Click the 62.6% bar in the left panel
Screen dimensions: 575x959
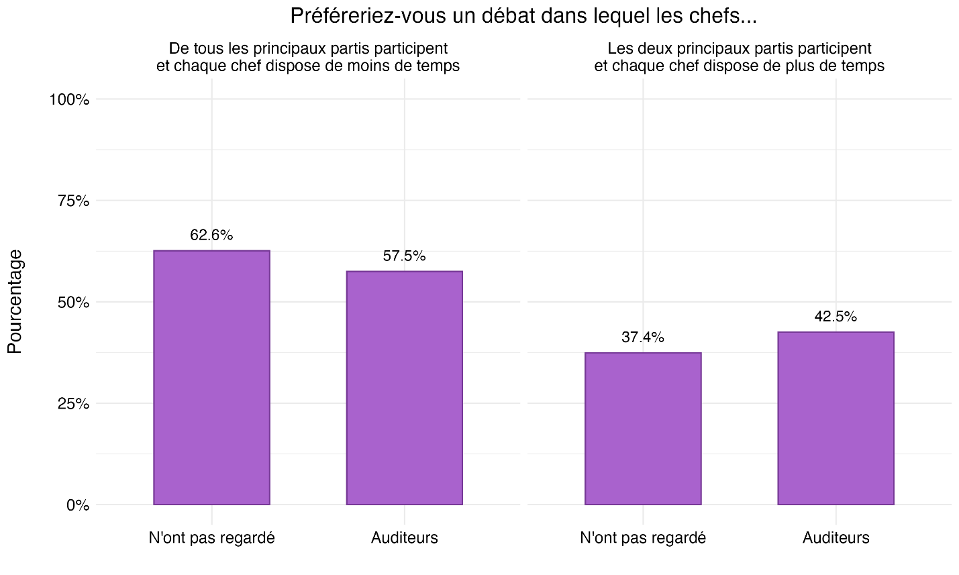click(211, 377)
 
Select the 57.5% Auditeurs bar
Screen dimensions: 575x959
click(404, 388)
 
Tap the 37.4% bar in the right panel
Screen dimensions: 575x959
click(643, 428)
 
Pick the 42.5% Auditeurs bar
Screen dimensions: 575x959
click(836, 418)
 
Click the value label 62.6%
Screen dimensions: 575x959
click(211, 236)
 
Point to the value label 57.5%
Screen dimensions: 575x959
click(404, 256)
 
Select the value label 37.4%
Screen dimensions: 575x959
click(643, 337)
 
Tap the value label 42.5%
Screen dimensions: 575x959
click(836, 317)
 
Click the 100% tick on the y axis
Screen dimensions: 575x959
click(69, 100)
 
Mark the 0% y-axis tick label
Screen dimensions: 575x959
click(77, 505)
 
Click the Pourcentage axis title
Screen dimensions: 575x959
click(15, 301)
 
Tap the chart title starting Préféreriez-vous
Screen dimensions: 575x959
click(523, 16)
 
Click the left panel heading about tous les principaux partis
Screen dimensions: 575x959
click(308, 58)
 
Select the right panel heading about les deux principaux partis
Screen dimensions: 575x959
click(739, 58)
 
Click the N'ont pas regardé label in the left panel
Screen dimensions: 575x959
click(211, 538)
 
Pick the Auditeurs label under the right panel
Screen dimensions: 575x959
click(836, 538)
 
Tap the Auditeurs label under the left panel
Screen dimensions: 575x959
click(404, 538)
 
